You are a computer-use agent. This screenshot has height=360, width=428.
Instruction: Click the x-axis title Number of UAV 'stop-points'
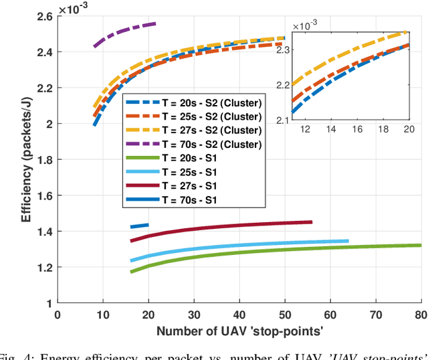[239, 331]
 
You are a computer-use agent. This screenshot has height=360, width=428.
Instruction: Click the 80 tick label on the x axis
[421, 314]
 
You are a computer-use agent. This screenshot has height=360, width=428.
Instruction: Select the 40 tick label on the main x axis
[239, 314]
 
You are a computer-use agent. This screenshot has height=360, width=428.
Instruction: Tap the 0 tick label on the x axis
[57, 314]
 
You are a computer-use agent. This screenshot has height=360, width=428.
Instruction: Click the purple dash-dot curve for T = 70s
[124, 31]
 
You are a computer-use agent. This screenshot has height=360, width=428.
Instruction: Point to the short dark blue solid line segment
[139, 226]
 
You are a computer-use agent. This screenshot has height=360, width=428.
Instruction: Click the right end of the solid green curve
[420, 245]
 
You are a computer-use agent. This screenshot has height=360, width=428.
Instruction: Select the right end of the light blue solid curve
[348, 241]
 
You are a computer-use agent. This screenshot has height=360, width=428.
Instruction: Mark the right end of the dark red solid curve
[311, 222]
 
